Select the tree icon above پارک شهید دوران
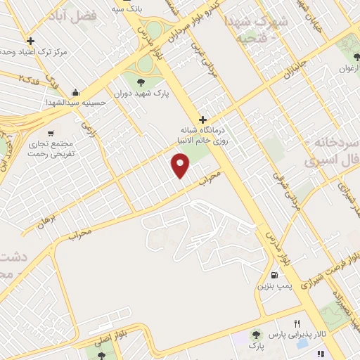click(148, 83)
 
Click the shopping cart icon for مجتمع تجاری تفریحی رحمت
click(50, 133)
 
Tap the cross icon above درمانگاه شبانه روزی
click(204, 120)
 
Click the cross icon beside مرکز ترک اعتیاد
click(30, 41)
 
